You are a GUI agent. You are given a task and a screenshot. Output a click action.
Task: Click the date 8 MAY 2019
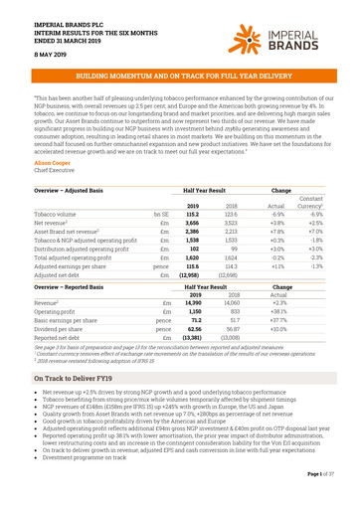(33, 55)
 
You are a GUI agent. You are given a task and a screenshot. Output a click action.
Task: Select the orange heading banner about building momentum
(179, 76)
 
